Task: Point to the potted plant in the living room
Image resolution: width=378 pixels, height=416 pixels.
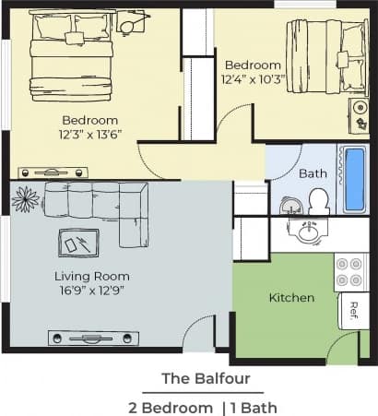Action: tap(25, 198)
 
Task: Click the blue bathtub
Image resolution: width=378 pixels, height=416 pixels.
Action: tap(354, 178)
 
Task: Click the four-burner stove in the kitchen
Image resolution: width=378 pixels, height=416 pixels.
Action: tap(350, 272)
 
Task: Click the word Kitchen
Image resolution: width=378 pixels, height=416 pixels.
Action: tap(291, 298)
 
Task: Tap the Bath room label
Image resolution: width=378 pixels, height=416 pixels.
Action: tap(313, 173)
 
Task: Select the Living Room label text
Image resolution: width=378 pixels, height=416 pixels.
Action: tap(91, 276)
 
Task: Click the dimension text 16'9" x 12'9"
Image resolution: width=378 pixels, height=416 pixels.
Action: tap(91, 291)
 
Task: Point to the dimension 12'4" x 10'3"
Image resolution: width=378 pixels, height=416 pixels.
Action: tap(254, 80)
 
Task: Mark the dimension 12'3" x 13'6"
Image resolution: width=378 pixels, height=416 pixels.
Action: tap(90, 136)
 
